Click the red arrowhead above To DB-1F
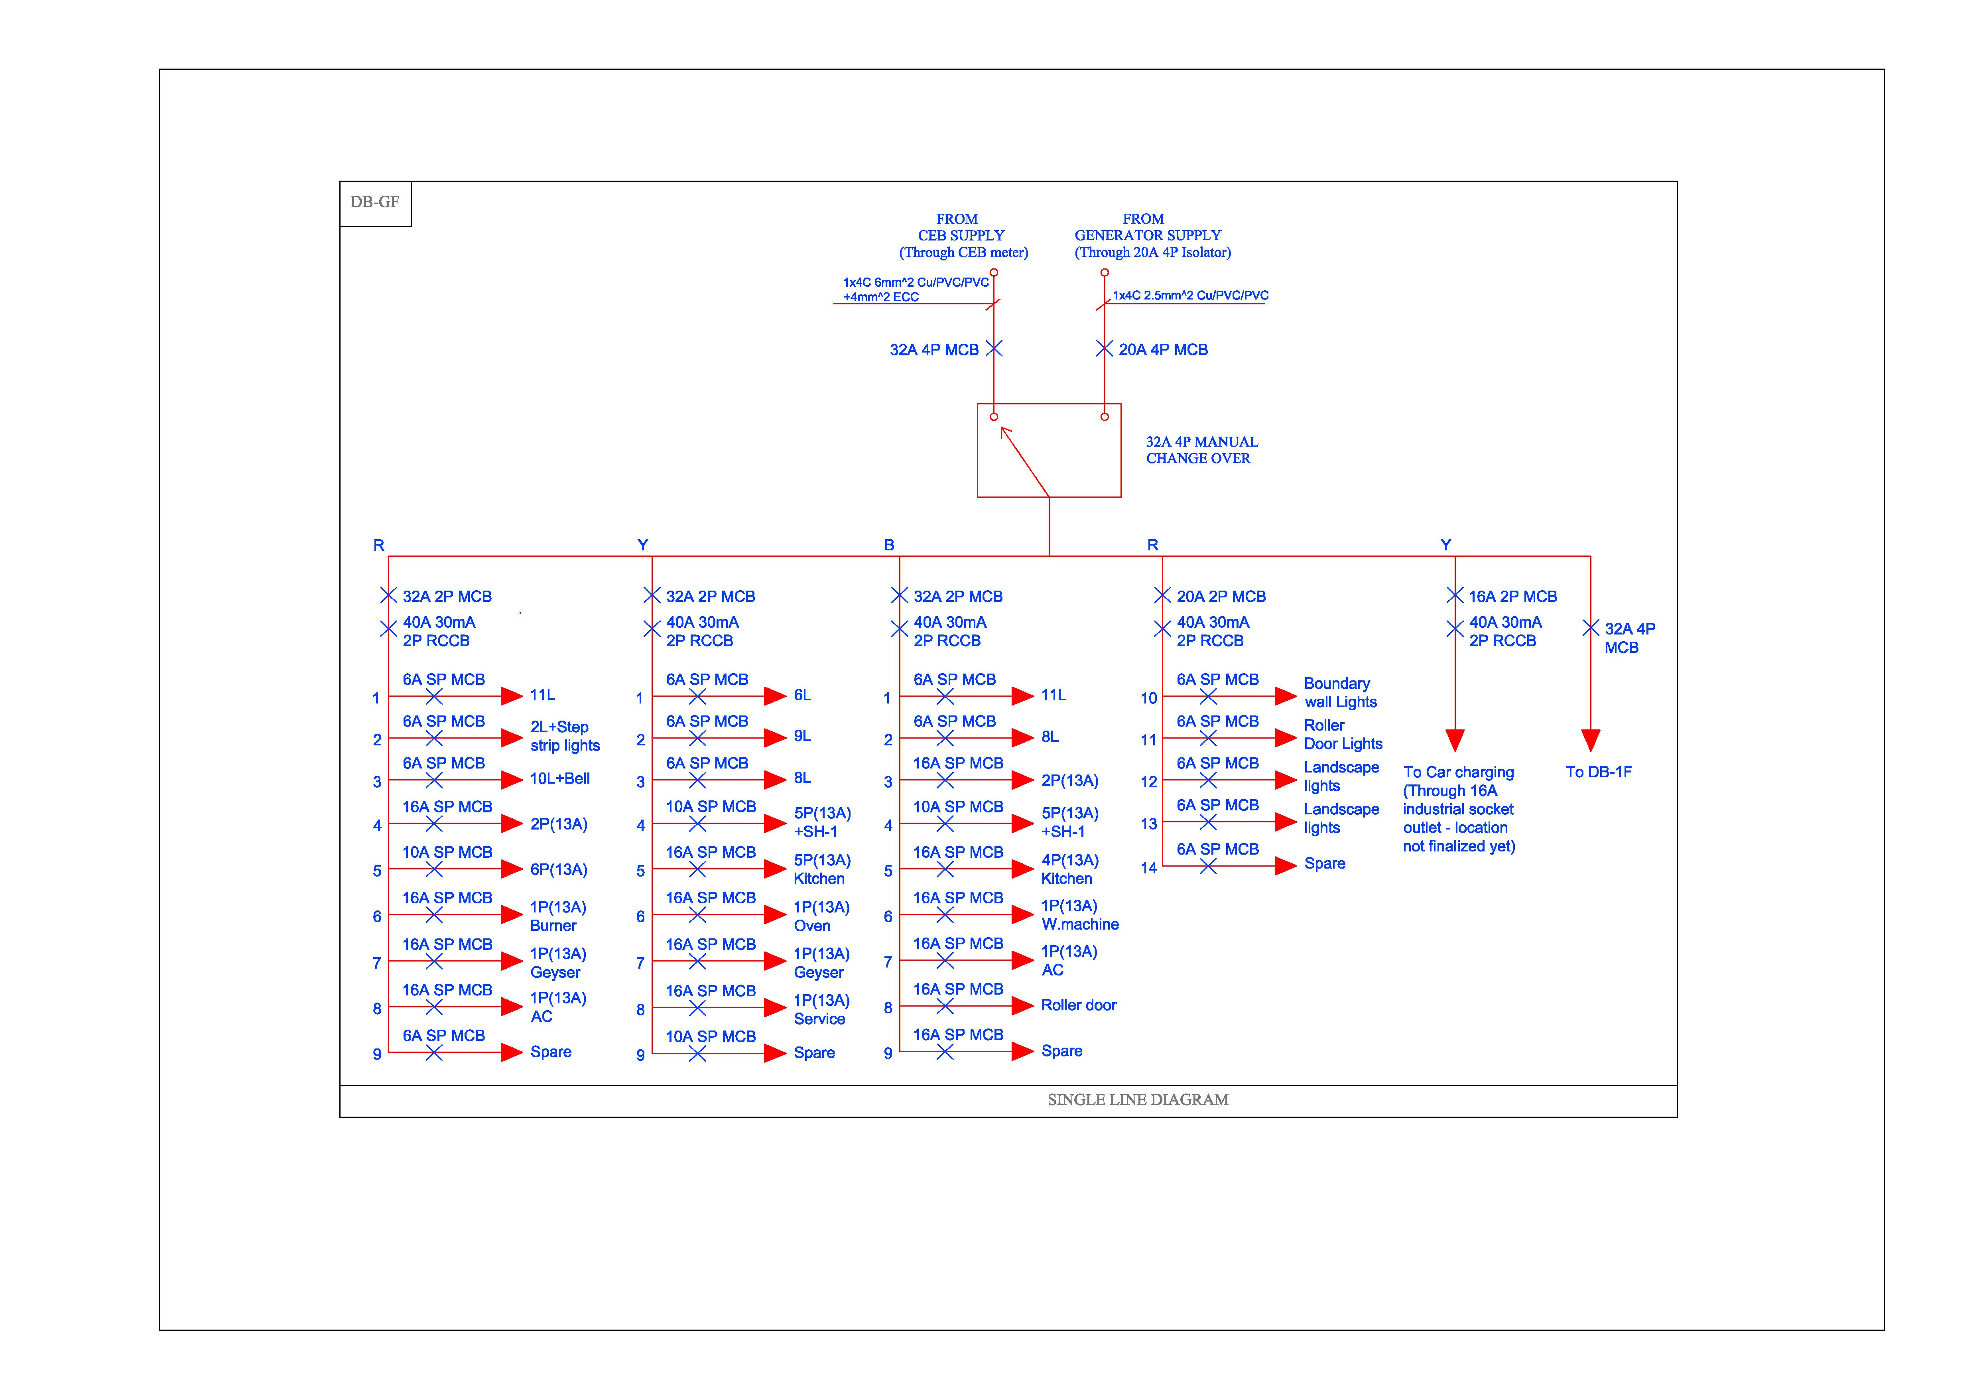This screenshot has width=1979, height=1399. [1590, 740]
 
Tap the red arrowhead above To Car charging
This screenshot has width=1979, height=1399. [1455, 740]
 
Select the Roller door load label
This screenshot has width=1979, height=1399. [1078, 1005]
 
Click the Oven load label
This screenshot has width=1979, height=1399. [812, 926]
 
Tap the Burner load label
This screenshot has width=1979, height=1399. [553, 926]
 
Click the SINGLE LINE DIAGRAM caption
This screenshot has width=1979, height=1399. [1138, 1100]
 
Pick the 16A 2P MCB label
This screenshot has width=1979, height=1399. [1513, 597]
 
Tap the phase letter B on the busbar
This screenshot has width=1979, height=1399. [889, 545]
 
